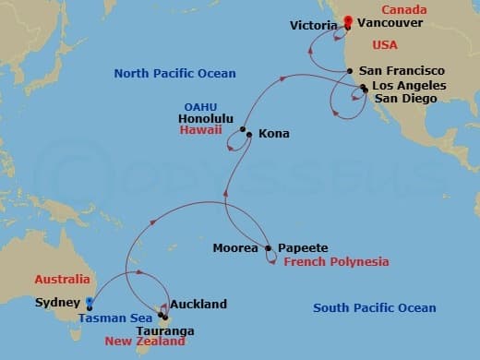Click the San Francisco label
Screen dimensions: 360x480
(402, 71)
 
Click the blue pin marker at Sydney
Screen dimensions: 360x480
(89, 302)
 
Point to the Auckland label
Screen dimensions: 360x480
(198, 304)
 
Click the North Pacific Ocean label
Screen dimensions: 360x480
(174, 73)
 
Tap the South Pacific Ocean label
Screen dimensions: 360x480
(375, 308)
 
